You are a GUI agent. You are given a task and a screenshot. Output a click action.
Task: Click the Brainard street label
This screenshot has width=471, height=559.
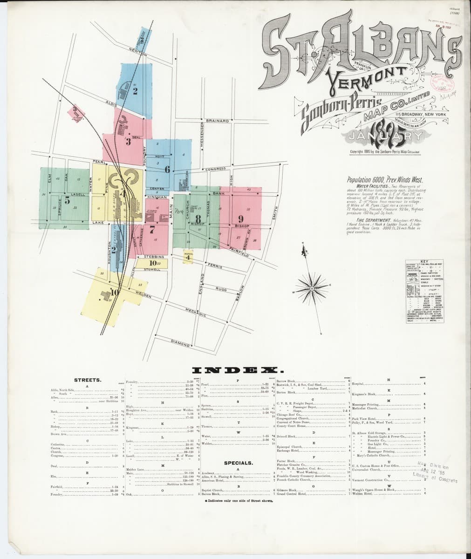[x=216, y=121]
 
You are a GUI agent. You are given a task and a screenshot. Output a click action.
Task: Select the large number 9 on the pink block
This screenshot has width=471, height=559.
[x=241, y=218]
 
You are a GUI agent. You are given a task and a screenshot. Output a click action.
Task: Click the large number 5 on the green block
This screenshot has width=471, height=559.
[x=67, y=201]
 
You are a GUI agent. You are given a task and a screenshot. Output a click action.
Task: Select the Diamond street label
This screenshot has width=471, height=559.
[x=180, y=344]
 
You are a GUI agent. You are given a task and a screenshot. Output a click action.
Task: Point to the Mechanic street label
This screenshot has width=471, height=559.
[x=196, y=313]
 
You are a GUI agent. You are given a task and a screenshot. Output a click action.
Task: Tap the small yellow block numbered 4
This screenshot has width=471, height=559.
[x=188, y=257]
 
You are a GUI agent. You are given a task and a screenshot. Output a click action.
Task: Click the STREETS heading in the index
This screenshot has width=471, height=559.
[x=88, y=380]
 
